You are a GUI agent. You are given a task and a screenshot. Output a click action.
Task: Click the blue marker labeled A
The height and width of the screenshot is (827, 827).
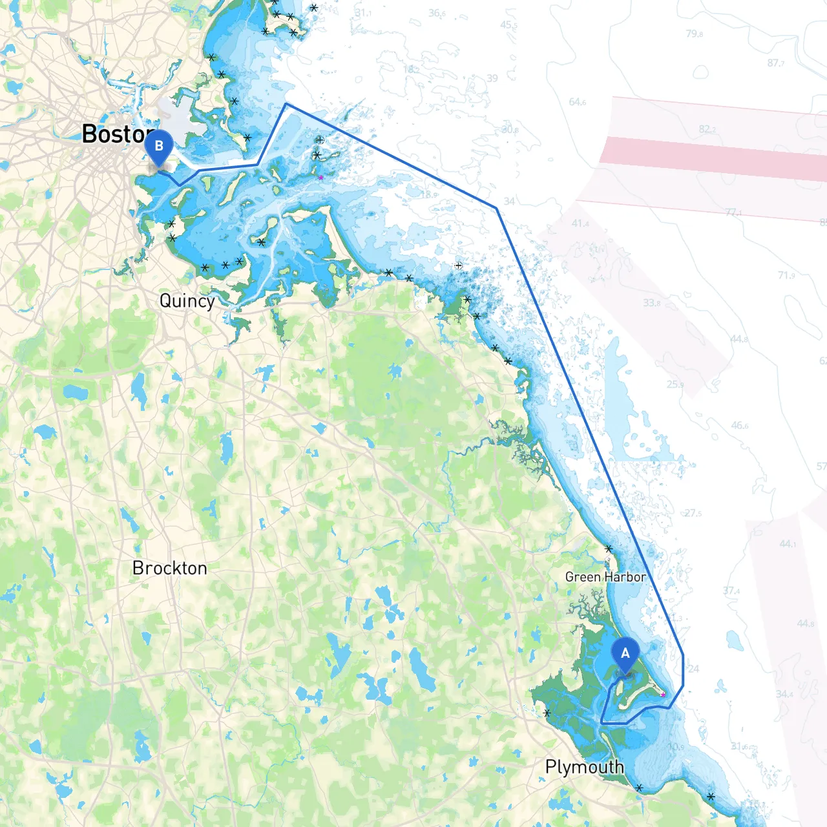[x=625, y=654]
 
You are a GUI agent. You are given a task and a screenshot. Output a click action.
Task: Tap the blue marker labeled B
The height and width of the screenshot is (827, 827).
[x=159, y=147]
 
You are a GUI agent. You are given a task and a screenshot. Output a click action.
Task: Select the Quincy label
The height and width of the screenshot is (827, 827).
[x=187, y=301]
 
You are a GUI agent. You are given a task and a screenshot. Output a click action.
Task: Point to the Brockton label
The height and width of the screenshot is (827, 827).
[x=169, y=568]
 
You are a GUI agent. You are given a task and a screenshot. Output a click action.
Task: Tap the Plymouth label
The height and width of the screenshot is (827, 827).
[x=584, y=767]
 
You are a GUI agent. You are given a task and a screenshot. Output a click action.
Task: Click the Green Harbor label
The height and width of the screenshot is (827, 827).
[x=605, y=577]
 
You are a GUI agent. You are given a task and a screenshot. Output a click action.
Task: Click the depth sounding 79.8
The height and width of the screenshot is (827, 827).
[x=695, y=34]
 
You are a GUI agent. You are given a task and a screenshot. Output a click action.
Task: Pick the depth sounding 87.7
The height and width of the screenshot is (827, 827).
[x=776, y=63]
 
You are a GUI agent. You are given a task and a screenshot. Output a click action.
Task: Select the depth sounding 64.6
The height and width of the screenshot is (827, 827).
[x=578, y=102]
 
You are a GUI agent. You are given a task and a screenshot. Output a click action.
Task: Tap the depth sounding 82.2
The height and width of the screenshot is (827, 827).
[x=707, y=129]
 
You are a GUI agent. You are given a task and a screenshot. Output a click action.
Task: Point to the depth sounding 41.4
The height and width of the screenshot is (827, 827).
[x=580, y=224]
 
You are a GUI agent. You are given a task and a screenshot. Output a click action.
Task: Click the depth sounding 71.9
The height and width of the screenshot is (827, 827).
[x=786, y=275]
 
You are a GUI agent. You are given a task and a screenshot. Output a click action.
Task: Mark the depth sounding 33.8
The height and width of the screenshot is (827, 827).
[x=651, y=302]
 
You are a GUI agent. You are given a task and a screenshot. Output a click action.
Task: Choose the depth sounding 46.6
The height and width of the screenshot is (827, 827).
[x=740, y=425]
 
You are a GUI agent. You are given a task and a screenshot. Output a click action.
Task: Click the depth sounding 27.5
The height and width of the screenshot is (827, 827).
[x=693, y=513]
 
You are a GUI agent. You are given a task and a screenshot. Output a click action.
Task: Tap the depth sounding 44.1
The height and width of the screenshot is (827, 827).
[x=788, y=544]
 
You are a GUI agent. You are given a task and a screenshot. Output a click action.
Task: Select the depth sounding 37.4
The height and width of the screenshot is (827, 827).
[x=731, y=591]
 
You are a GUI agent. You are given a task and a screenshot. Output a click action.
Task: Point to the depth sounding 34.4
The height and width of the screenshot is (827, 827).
[x=784, y=694]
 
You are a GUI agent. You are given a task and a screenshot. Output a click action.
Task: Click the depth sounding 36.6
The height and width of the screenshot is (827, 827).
[x=437, y=13]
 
